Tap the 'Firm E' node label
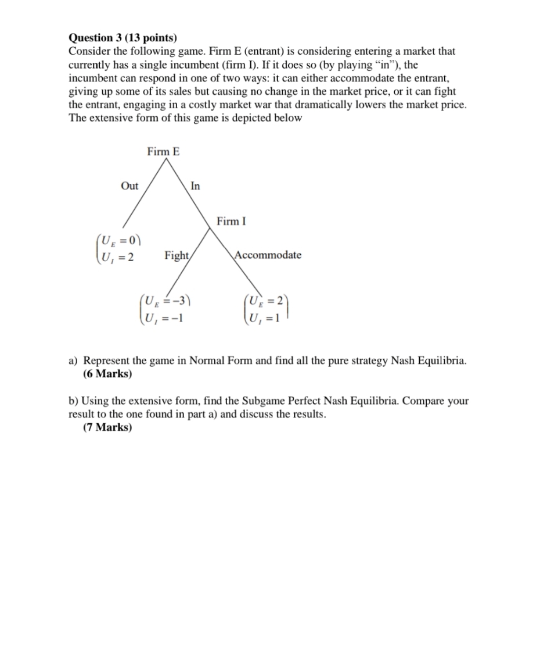point(163,152)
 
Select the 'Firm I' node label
point(231,221)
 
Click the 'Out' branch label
point(129,185)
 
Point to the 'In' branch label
point(195,186)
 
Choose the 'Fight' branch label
point(177,255)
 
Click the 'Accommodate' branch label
point(268,255)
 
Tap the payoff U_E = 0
point(120,240)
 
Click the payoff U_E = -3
point(168,301)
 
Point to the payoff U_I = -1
point(165,317)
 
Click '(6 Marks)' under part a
point(107,374)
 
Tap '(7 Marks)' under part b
point(107,428)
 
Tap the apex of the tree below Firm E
point(167,159)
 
